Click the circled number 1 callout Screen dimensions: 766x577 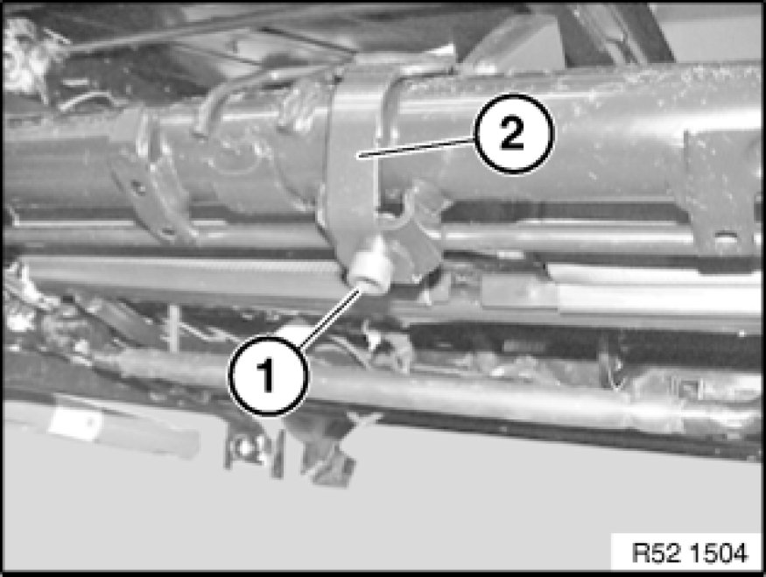268,376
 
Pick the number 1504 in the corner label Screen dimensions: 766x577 721,553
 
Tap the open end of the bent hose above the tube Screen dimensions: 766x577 199,130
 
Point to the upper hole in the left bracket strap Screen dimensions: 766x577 140,187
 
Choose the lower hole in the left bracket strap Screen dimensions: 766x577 167,231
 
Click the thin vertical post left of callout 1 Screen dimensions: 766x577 172,328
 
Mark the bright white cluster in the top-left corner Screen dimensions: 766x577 19,56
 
